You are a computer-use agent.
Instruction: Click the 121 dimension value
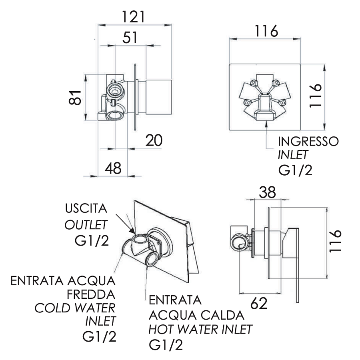pyautogui.click(x=133, y=17)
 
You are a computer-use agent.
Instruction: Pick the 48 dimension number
pyautogui.click(x=113, y=168)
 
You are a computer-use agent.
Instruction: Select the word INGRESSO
pyautogui.click(x=308, y=141)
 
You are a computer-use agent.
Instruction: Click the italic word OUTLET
pyautogui.click(x=86, y=224)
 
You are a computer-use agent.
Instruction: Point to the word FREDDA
pyautogui.click(x=91, y=294)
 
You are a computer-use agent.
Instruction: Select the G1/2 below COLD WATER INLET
pyautogui.click(x=100, y=336)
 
